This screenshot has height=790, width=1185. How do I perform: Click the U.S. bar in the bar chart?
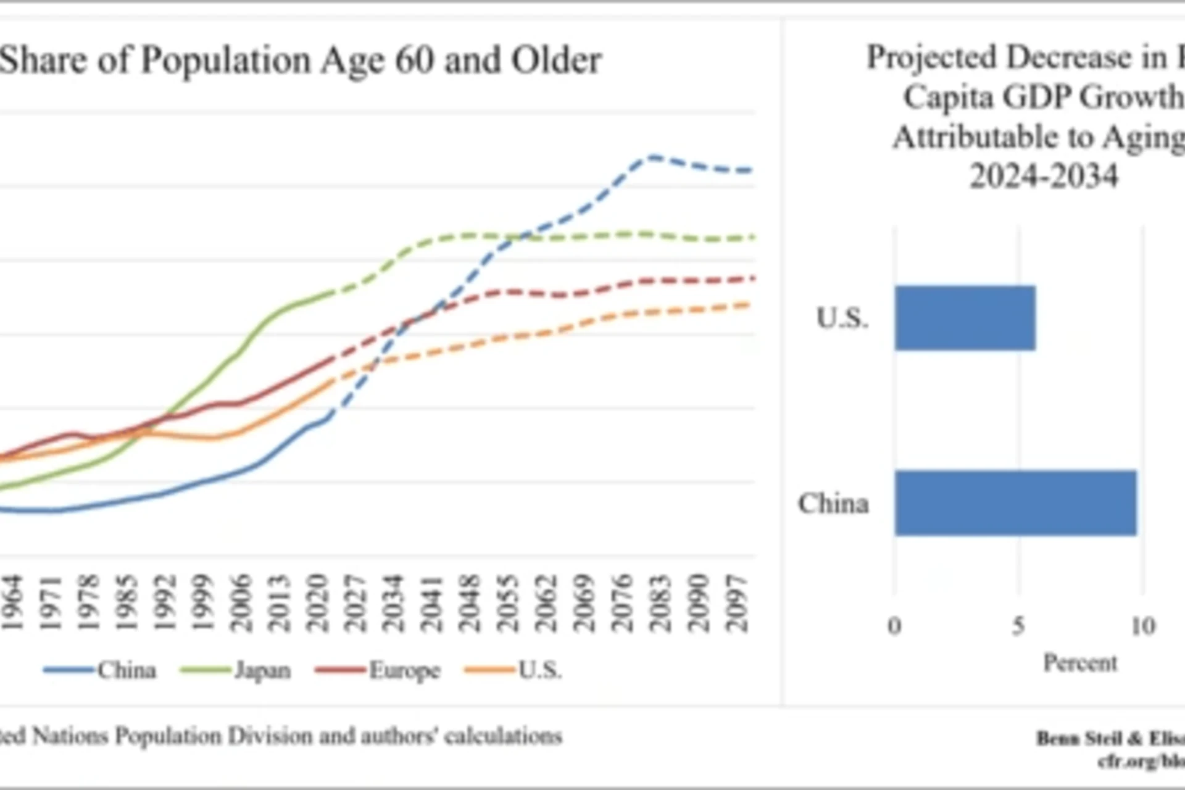click(x=965, y=318)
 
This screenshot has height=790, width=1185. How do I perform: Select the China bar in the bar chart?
click(x=1015, y=502)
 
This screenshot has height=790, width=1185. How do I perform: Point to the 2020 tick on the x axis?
click(x=317, y=603)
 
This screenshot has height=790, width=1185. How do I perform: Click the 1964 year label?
click(x=12, y=603)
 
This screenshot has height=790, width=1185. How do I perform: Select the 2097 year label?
click(x=737, y=603)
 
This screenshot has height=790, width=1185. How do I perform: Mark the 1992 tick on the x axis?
click(x=165, y=603)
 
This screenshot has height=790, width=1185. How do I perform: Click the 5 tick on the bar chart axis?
click(x=1019, y=626)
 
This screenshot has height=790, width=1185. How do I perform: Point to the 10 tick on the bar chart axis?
click(x=1143, y=626)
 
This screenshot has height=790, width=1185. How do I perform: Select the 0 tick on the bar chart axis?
click(x=894, y=626)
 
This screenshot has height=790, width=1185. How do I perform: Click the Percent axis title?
click(x=1080, y=663)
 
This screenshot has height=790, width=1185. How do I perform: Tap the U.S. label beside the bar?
click(x=842, y=318)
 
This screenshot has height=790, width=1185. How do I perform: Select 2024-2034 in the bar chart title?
click(x=1044, y=176)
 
